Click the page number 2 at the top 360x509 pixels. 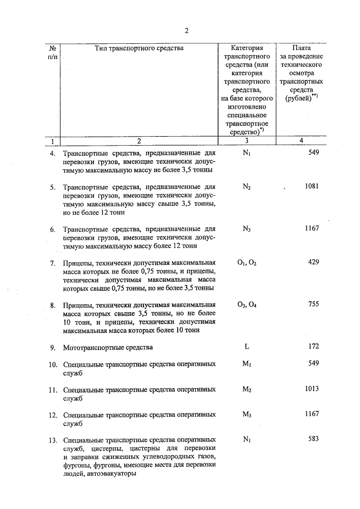coord(186,30)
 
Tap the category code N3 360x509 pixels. coord(246,229)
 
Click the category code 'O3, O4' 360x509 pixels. coord(246,305)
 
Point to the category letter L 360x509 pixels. coord(246,346)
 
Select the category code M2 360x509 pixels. coord(246,389)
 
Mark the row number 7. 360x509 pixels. coord(52,263)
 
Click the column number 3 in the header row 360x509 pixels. coord(246,141)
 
